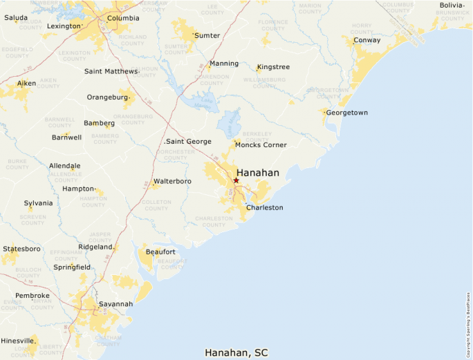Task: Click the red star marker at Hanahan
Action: (x=236, y=180)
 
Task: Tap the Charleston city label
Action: (x=264, y=207)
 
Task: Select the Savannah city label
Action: (x=115, y=304)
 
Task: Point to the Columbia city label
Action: (x=123, y=18)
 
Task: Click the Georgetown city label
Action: (x=346, y=112)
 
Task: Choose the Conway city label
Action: (x=367, y=40)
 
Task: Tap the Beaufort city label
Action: (x=160, y=252)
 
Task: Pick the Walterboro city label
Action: (x=172, y=181)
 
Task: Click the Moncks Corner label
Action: (x=261, y=145)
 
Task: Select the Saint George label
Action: (x=189, y=142)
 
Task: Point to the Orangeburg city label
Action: (x=107, y=97)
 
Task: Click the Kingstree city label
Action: (x=273, y=67)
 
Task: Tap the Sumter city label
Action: (x=207, y=35)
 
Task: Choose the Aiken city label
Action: (x=26, y=84)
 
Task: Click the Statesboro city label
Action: (x=21, y=249)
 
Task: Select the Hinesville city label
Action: (x=18, y=341)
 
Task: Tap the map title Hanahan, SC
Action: (x=236, y=352)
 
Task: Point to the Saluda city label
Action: (x=16, y=18)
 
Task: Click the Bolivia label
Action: (x=452, y=6)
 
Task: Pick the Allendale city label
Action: (x=64, y=167)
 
